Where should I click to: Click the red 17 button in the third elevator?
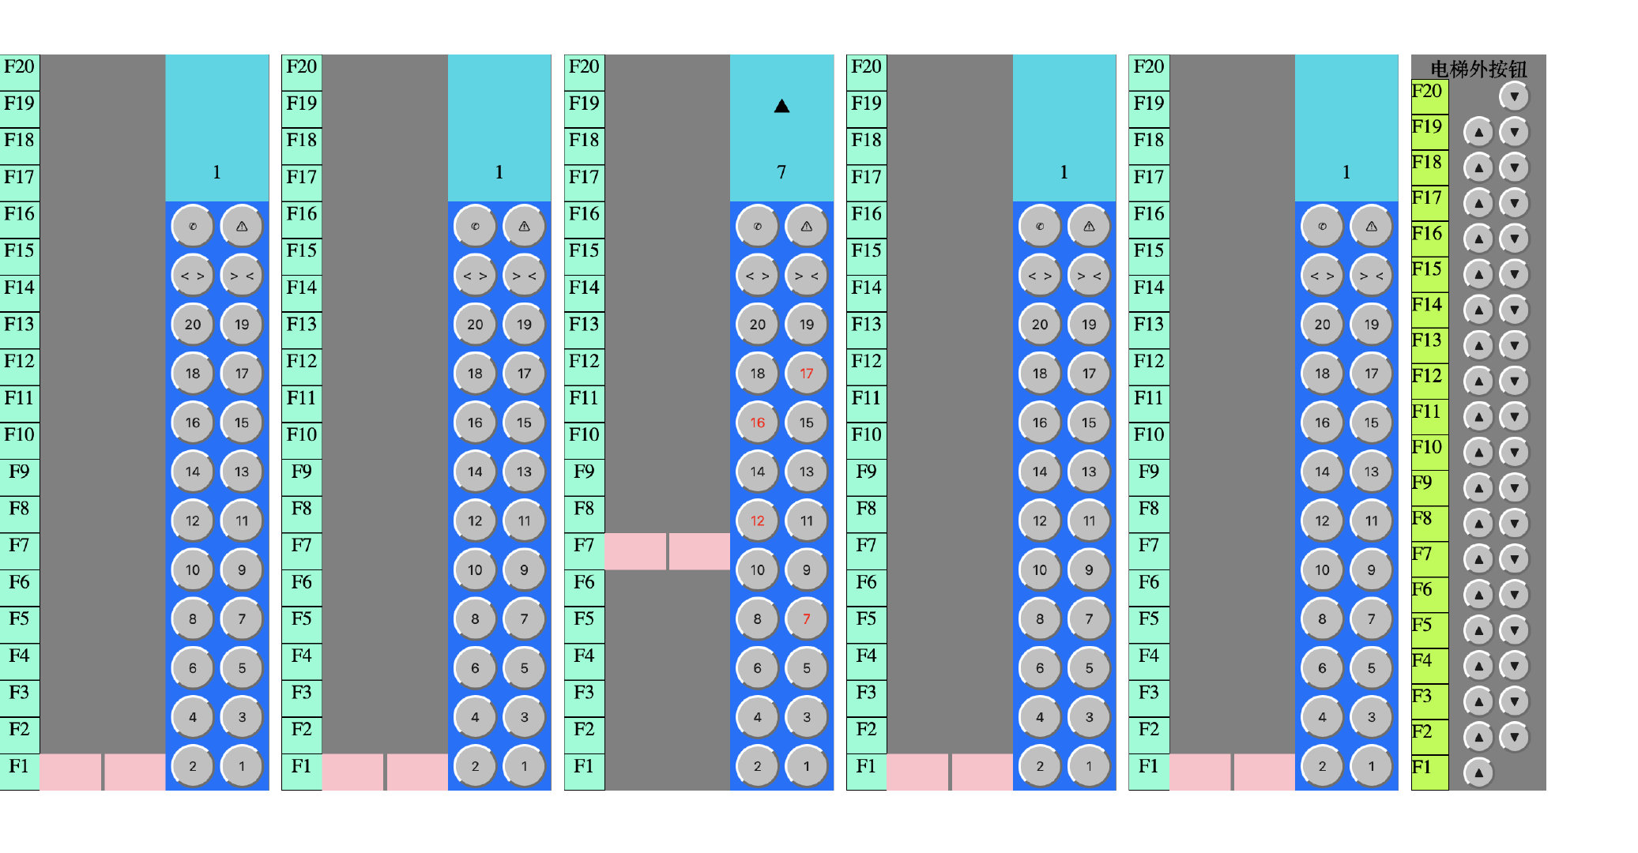pyautogui.click(x=806, y=374)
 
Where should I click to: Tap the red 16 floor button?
pyautogui.click(x=757, y=423)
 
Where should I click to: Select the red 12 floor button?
pyautogui.click(x=757, y=520)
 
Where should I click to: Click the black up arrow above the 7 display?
pyautogui.click(x=781, y=106)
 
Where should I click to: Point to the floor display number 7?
pyautogui.click(x=781, y=172)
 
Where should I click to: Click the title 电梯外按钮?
pyautogui.click(x=1478, y=69)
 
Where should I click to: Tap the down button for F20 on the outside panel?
pyautogui.click(x=1514, y=96)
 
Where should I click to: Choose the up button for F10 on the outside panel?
pyautogui.click(x=1478, y=452)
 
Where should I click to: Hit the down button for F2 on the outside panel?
pyautogui.click(x=1514, y=737)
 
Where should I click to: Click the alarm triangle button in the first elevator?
pyautogui.click(x=242, y=227)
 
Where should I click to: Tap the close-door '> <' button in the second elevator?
pyautogui.click(x=524, y=276)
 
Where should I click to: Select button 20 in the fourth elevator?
pyautogui.click(x=1040, y=325)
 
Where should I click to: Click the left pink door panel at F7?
pyautogui.click(x=635, y=551)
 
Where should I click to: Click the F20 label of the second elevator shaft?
pyautogui.click(x=301, y=67)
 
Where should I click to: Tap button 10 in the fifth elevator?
pyautogui.click(x=1322, y=570)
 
